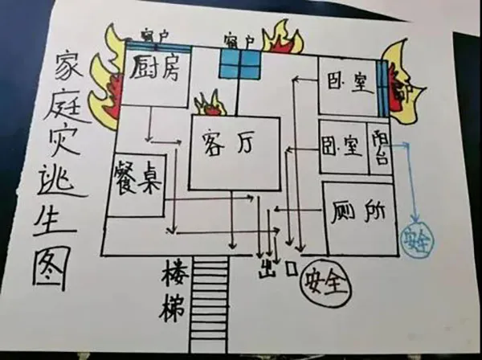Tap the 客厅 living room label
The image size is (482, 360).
coord(233,145)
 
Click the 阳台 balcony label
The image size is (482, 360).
coord(380,147)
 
